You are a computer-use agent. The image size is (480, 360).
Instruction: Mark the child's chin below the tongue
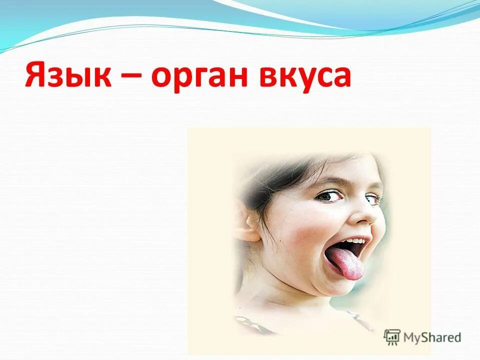(345, 290)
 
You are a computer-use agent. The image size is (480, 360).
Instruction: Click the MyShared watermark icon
(392, 337)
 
